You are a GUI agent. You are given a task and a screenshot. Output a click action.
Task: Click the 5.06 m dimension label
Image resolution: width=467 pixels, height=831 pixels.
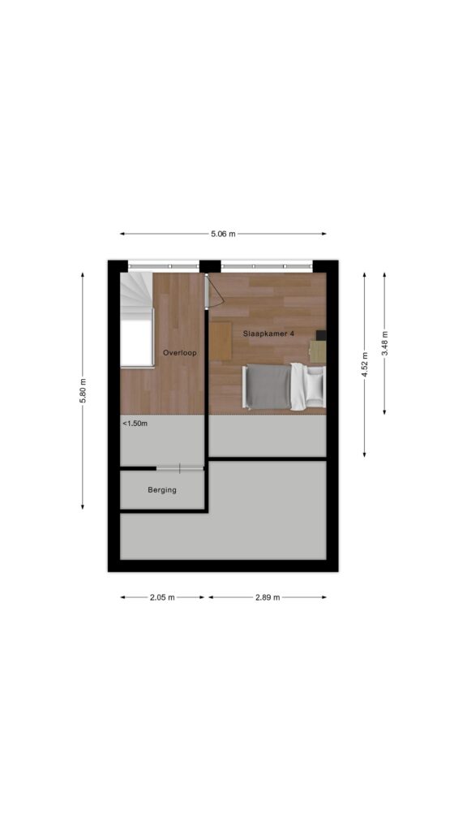(x=223, y=234)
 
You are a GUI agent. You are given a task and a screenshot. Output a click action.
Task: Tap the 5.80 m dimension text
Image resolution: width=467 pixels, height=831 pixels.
(x=83, y=390)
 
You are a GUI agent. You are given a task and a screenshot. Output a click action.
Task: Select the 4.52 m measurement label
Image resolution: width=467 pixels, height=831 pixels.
(x=364, y=364)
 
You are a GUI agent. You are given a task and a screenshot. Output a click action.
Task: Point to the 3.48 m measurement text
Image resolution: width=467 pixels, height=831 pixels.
(x=384, y=343)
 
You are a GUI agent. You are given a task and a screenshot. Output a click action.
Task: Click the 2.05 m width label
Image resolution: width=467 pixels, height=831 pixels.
(x=162, y=597)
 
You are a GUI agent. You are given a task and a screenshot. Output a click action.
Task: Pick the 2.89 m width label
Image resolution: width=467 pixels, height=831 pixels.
(x=268, y=597)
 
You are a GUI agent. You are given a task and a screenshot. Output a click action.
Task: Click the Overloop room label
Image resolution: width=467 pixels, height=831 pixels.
(x=179, y=352)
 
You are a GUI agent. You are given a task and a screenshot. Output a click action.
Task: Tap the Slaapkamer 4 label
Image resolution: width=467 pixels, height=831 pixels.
(x=268, y=334)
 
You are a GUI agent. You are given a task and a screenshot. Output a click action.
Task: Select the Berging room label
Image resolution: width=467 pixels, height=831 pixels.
(x=162, y=490)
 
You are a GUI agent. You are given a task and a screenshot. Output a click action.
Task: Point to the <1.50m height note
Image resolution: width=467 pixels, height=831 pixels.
(x=135, y=424)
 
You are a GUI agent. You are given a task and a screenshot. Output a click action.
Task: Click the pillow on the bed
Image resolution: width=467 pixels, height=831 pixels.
(x=315, y=386)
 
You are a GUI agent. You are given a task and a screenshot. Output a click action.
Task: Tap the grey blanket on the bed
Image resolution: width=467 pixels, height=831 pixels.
(x=268, y=387)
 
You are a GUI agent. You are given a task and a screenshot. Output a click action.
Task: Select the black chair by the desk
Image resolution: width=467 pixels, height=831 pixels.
(x=321, y=335)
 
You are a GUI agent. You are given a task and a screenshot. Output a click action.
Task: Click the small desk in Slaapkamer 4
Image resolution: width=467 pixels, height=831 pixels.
(x=318, y=351)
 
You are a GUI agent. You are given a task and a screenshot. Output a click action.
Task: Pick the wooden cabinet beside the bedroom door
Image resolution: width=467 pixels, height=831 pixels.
(x=221, y=341)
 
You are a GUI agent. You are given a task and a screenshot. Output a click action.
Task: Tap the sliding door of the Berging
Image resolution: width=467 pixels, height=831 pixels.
(x=179, y=468)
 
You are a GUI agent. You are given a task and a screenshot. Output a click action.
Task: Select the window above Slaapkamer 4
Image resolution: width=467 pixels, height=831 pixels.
(x=267, y=265)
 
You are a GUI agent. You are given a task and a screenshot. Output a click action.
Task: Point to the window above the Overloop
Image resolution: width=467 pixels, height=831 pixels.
(x=164, y=265)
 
